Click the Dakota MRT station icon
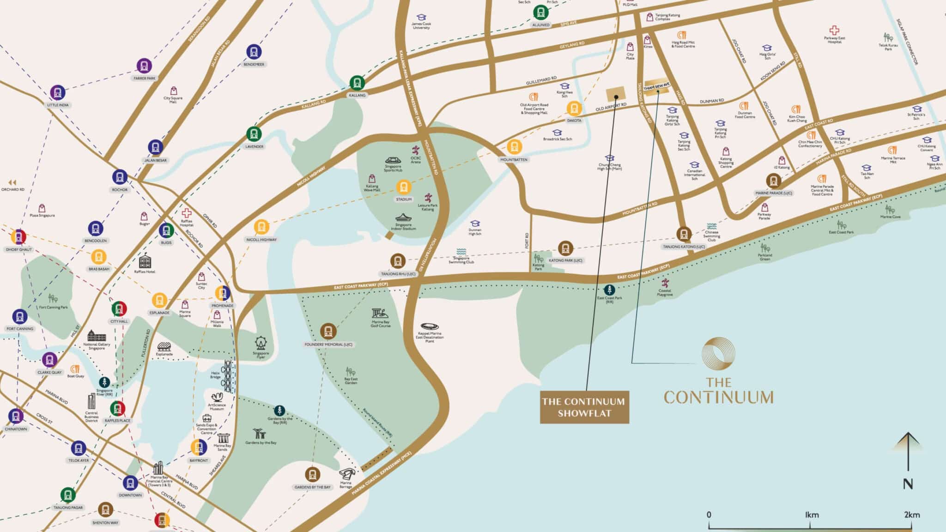[574, 109]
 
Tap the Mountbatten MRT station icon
[514, 147]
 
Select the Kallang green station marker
[357, 83]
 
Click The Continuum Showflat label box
[584, 407]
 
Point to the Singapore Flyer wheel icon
[261, 344]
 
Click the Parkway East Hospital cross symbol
[834, 30]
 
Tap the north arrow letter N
[908, 484]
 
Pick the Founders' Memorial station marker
[328, 331]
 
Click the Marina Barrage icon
[347, 474]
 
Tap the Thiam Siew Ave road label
[656, 87]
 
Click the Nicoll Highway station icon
[261, 227]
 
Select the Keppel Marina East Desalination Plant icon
[430, 326]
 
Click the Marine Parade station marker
[773, 181]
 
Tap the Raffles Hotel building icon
[145, 262]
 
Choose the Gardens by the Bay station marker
[312, 474]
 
